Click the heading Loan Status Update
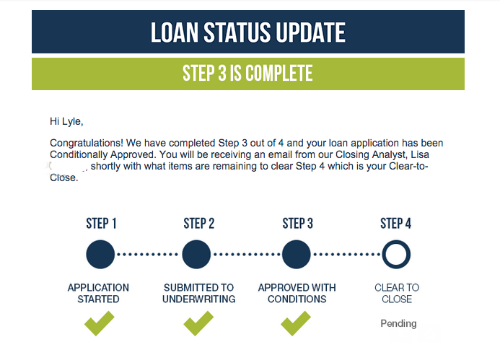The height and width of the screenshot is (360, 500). tap(247, 32)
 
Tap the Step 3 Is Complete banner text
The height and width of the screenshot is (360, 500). tap(247, 73)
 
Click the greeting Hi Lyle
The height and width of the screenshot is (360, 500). tap(66, 122)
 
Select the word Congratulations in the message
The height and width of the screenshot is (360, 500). tap(86, 143)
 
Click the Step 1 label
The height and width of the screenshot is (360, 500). tap(101, 224)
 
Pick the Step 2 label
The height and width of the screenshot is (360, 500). tap(198, 224)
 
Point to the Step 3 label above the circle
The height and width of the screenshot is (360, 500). tap(297, 224)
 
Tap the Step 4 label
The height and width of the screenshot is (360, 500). tap(395, 224)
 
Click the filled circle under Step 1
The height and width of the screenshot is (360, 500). tap(100, 255)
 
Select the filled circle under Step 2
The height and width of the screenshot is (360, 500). tap(196, 255)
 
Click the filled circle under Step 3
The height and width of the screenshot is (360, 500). tap(297, 255)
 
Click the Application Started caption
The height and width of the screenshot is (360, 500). tap(98, 294)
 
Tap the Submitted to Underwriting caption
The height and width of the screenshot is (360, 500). tap(198, 294)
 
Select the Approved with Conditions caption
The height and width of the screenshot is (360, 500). tap(297, 294)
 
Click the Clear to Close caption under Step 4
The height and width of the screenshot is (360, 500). tap(397, 294)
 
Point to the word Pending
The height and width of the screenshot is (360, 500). tap(398, 323)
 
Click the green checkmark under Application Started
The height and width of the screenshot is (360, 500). tap(99, 324)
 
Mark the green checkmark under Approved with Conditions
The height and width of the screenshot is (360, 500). tap(296, 324)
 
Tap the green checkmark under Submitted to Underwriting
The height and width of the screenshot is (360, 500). tap(198, 324)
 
